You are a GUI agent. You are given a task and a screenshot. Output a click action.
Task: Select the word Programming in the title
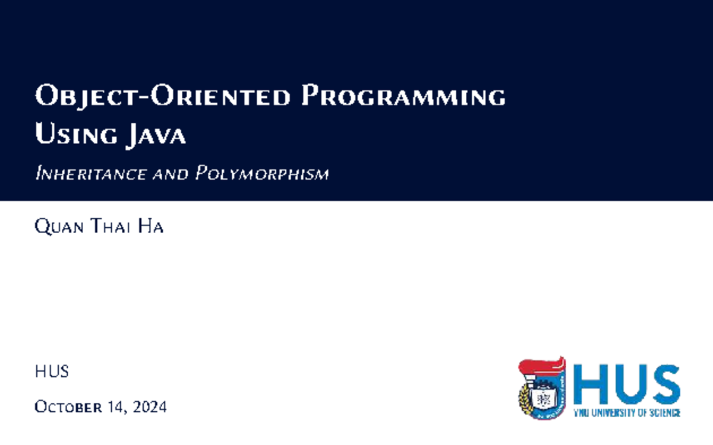click(403, 97)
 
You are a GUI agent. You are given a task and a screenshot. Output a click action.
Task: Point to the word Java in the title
click(156, 136)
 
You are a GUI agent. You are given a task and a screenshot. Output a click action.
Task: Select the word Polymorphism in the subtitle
click(262, 174)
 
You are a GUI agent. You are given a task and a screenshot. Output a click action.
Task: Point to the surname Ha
click(151, 227)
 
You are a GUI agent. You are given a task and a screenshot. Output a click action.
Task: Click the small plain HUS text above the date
click(52, 372)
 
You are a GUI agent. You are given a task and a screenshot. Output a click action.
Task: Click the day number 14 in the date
click(117, 407)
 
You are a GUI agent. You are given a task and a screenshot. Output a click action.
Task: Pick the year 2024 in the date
click(150, 407)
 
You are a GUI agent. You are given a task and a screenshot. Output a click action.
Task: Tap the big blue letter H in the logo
click(591, 384)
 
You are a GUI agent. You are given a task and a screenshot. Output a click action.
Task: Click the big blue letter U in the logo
click(629, 384)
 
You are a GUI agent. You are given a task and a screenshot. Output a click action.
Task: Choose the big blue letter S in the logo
click(664, 384)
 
